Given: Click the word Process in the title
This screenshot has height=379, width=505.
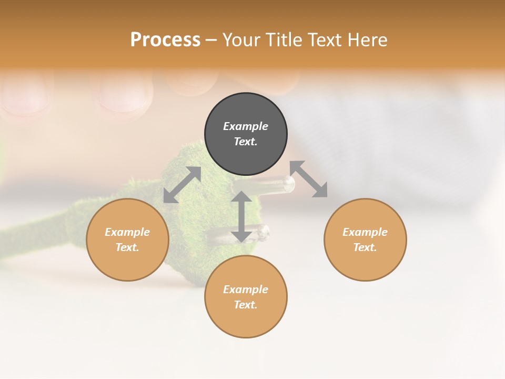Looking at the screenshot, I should pos(165,40).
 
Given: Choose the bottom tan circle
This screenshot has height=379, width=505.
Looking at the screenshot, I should pos(246,321).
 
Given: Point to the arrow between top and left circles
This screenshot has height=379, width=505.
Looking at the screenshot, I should pos(182,185).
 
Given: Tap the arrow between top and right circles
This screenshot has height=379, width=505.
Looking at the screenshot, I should pos(309,179).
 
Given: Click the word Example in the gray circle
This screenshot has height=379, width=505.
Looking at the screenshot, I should pos(246,126).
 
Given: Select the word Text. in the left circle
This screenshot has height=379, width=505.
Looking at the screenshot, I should pos(127,247).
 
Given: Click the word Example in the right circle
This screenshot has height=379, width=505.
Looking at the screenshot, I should pos(365,232).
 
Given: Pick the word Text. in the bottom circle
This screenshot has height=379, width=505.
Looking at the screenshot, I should pos(246,305).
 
